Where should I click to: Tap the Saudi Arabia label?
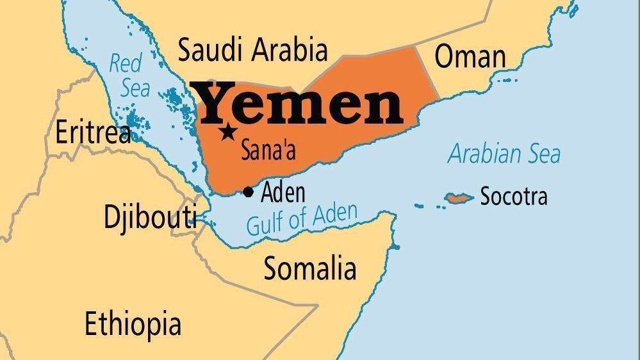(x=252, y=50)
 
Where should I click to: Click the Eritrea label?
(x=93, y=133)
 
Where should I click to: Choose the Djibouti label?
(x=150, y=217)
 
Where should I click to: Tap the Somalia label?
(x=310, y=268)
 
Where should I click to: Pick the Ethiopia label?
(x=133, y=324)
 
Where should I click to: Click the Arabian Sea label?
(x=504, y=154)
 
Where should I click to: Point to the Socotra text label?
(x=514, y=196)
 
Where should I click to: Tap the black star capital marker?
(x=227, y=133)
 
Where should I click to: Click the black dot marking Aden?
(x=249, y=192)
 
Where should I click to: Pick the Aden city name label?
(x=283, y=192)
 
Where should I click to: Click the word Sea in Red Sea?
(x=135, y=88)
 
